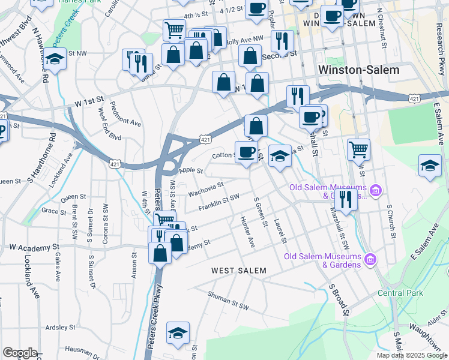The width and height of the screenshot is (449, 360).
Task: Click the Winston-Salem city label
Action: click(x=358, y=70)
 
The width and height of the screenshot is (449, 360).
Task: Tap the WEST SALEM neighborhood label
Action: click(x=238, y=271)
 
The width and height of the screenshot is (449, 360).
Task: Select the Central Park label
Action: click(x=400, y=293)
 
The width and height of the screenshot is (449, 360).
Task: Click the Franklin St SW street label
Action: click(x=219, y=202)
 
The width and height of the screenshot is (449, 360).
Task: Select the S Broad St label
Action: click(x=338, y=299)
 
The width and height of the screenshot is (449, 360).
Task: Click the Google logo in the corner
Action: click(x=20, y=353)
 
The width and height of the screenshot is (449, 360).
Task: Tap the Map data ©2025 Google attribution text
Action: click(x=411, y=355)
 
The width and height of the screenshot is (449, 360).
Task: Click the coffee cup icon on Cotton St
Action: click(x=246, y=151)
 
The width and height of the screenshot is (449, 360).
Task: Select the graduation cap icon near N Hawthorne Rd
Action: click(x=55, y=59)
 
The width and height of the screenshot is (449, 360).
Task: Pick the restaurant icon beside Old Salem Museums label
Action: click(x=344, y=198)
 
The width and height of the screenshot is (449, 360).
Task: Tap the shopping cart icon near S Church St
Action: click(x=358, y=148)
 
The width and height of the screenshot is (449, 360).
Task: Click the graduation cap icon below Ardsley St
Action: click(x=178, y=332)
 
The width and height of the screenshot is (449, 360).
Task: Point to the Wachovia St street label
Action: click(x=206, y=190)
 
